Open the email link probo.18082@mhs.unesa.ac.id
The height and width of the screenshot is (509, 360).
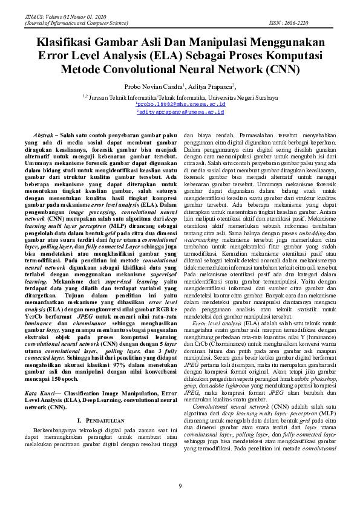click(180, 104)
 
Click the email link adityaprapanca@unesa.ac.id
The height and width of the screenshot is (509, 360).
click(180, 112)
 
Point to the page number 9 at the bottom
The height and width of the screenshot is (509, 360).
click(180, 487)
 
